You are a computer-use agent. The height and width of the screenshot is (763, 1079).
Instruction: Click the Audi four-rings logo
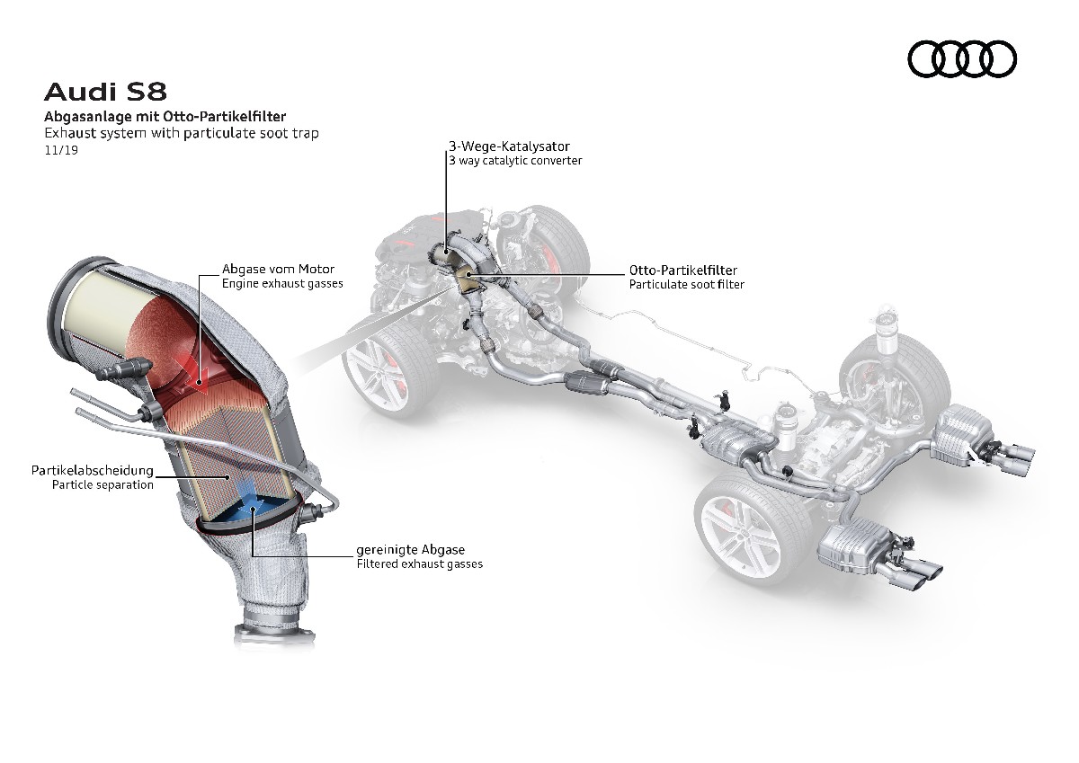click(x=962, y=60)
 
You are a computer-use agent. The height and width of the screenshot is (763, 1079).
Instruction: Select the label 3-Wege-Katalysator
click(x=509, y=146)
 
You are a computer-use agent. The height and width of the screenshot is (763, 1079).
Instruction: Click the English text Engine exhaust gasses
click(x=282, y=284)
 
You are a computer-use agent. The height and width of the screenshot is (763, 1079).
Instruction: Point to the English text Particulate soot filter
click(x=687, y=284)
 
